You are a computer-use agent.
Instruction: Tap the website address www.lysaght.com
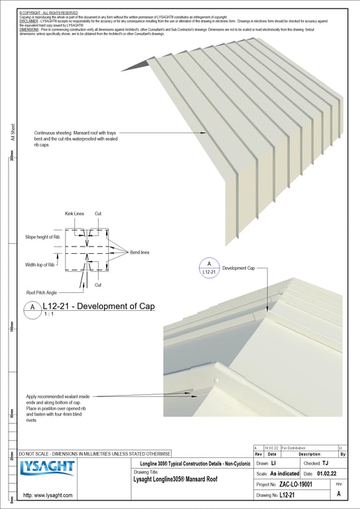coord(48,495)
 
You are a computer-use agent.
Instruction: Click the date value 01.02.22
coord(327,474)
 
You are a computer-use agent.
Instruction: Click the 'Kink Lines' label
coord(74,213)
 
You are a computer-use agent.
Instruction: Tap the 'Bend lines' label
coord(131,253)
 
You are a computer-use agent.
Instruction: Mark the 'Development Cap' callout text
coord(238,268)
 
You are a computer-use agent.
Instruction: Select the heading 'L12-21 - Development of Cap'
coord(99,306)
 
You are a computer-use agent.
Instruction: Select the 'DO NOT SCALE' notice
coord(94,453)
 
